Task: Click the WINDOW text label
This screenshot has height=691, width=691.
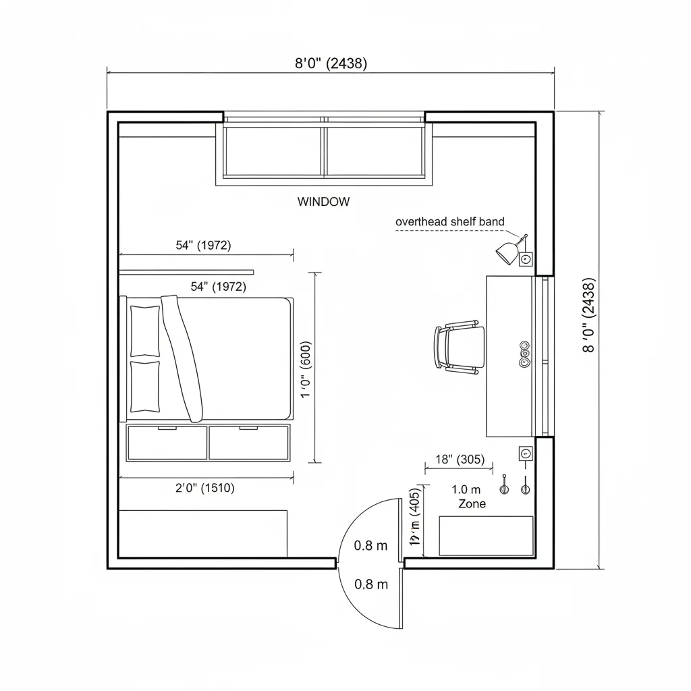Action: (323, 201)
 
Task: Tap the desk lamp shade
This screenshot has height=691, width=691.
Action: (506, 253)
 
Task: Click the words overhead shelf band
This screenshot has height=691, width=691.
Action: (449, 221)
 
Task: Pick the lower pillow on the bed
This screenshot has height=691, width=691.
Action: (145, 386)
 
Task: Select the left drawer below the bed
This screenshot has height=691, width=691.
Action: (167, 443)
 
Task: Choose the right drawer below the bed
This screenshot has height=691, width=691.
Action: (249, 443)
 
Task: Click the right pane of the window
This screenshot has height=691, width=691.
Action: (375, 151)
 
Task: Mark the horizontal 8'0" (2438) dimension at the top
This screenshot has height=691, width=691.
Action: (331, 63)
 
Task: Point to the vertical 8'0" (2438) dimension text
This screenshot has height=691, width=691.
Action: (588, 314)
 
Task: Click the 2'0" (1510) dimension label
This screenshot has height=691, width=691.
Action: (204, 488)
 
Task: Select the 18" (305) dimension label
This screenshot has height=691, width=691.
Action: (460, 460)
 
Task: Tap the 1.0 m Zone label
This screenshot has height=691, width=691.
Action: (468, 497)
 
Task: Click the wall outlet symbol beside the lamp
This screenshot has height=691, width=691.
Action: (526, 258)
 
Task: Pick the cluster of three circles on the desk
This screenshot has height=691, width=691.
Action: (524, 354)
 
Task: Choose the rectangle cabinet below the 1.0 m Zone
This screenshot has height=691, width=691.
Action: (486, 536)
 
